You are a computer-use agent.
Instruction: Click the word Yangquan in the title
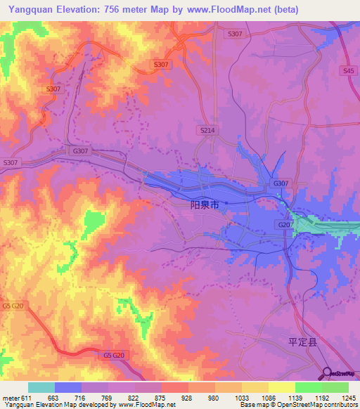(31, 9)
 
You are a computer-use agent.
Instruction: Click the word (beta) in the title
(283, 9)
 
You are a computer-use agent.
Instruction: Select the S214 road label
(207, 131)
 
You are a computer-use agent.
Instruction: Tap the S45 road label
(345, 71)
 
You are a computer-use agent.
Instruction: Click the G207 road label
(285, 224)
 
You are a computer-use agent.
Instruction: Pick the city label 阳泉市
(205, 205)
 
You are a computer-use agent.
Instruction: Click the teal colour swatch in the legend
(41, 387)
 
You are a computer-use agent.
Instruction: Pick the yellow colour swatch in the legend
(281, 387)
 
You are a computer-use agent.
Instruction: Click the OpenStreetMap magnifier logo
(327, 372)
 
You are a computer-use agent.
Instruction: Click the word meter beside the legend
(9, 398)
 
